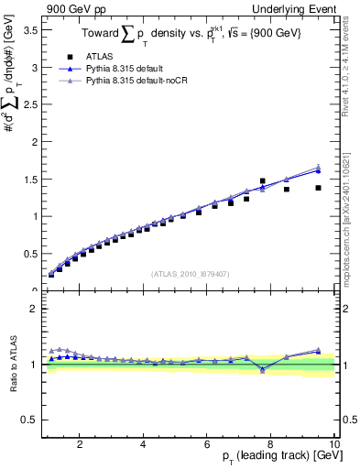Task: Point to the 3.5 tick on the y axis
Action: tap(31, 30)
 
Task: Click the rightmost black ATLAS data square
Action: tap(318, 188)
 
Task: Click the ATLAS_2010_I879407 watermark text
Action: tap(189, 274)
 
